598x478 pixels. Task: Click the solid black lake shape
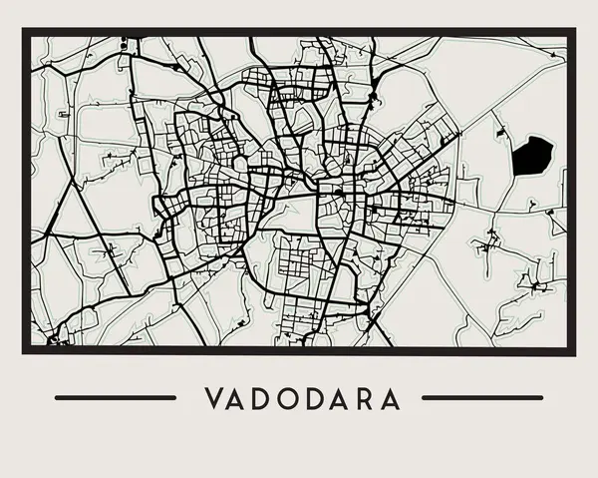[x=532, y=155]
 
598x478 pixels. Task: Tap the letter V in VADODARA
[x=214, y=398]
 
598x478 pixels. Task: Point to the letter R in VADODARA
[x=365, y=398]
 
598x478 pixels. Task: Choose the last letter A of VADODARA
[x=390, y=398]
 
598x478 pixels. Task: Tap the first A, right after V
[x=239, y=398]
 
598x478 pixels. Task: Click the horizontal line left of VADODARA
[x=115, y=397]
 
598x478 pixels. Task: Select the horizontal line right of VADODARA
[x=483, y=397]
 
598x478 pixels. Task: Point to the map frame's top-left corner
[x=25, y=32]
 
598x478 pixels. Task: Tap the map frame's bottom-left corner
[x=25, y=350]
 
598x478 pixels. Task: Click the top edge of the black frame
[x=299, y=32]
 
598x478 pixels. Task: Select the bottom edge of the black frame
[x=299, y=350]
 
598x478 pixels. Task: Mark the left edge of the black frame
[x=25, y=190]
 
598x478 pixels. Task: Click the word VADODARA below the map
[x=302, y=398]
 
